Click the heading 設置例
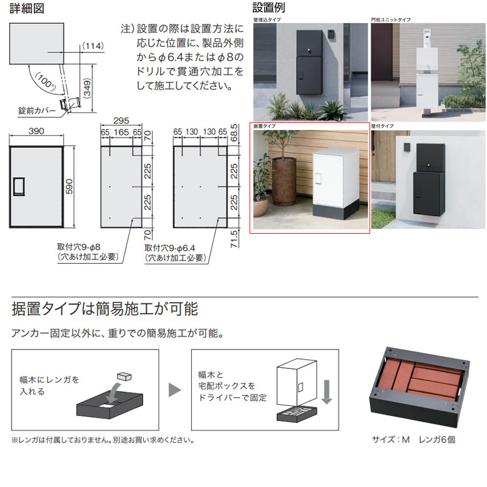point(268,9)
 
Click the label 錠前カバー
point(37,111)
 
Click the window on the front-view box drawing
point(19,186)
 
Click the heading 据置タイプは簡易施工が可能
point(105,309)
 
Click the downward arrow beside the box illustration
point(326,392)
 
